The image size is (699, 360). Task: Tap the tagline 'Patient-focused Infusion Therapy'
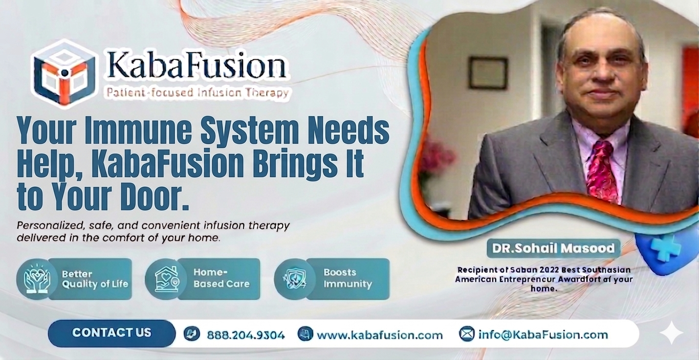pyautogui.click(x=197, y=92)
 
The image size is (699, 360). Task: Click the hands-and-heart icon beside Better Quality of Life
pyautogui.click(x=37, y=279)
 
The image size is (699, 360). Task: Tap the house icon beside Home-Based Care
pyautogui.click(x=166, y=279)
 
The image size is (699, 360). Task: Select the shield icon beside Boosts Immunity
pyautogui.click(x=295, y=279)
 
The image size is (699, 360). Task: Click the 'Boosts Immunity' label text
pyautogui.click(x=347, y=278)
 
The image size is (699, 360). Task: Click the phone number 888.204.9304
pyautogui.click(x=245, y=335)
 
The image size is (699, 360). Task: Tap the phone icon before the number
pyautogui.click(x=192, y=334)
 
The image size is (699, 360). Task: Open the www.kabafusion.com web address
pyautogui.click(x=379, y=335)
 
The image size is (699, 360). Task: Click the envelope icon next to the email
pyautogui.click(x=467, y=334)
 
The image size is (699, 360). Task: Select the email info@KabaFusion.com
pyautogui.click(x=543, y=335)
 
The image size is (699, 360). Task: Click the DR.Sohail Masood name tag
pyautogui.click(x=553, y=248)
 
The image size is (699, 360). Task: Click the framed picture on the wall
pyautogui.click(x=488, y=72)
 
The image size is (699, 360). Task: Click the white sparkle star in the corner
pyautogui.click(x=671, y=333)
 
